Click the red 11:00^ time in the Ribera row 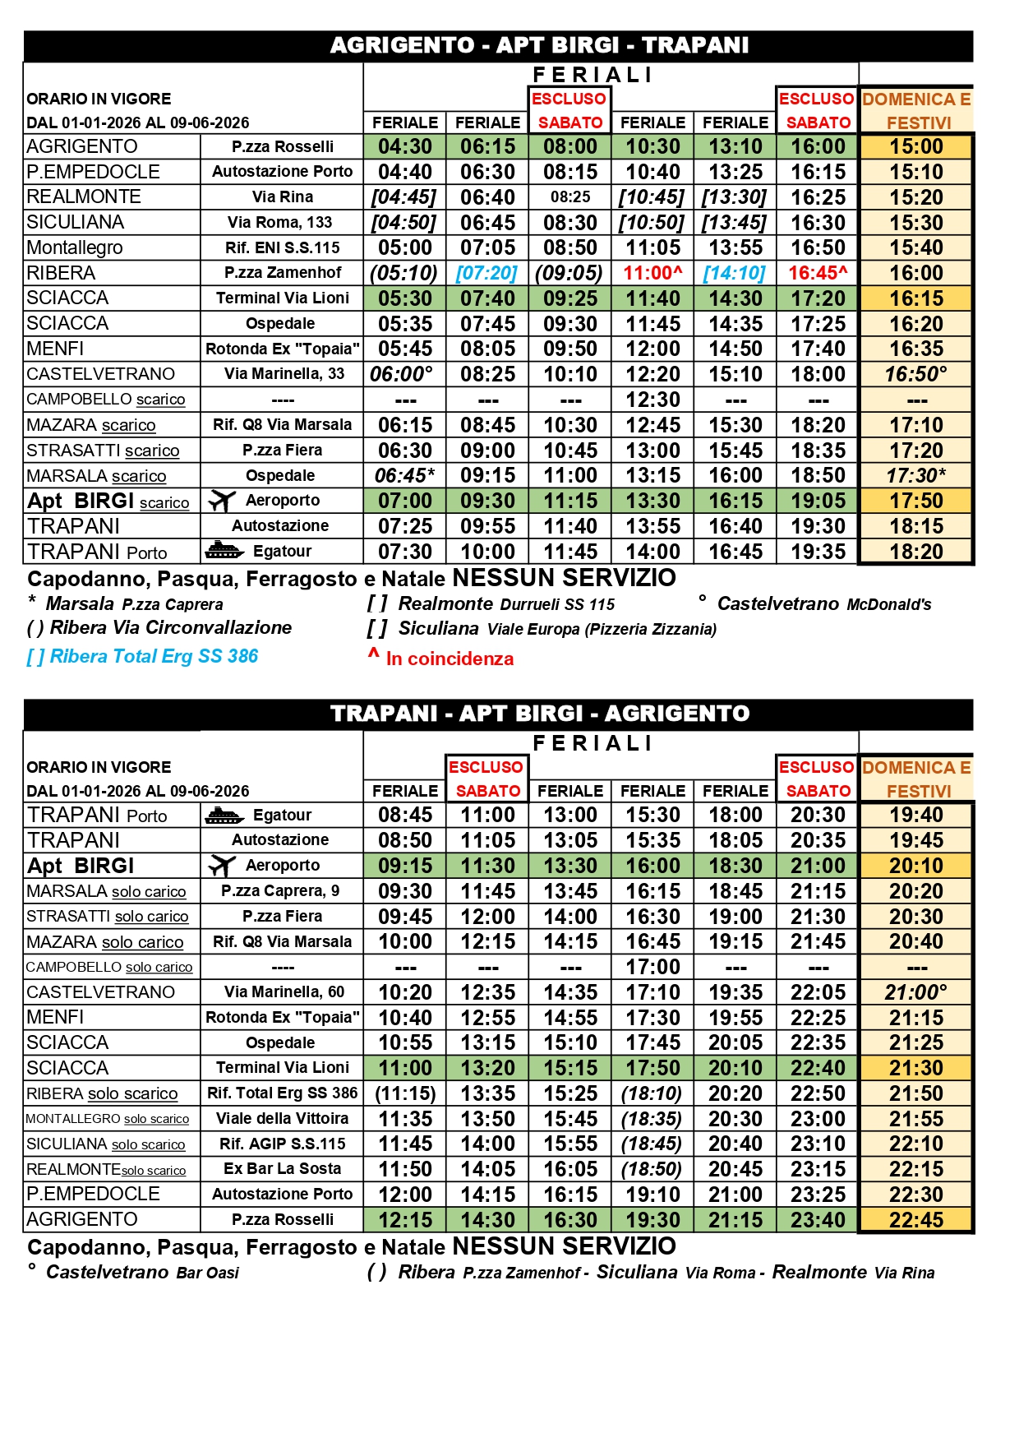point(652,273)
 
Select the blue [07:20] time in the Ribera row point(487,273)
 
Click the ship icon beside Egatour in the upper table point(224,551)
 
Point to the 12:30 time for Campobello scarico point(652,400)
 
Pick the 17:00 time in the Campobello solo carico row point(652,967)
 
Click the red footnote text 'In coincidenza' point(450,659)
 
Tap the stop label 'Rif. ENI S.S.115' point(282,247)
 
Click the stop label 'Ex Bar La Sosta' point(282,1168)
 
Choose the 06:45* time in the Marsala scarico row point(404,475)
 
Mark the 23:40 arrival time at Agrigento point(818,1220)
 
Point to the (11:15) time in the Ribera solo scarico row point(404,1093)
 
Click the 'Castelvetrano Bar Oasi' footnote point(142,1273)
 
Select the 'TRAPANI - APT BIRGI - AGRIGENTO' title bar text point(540,713)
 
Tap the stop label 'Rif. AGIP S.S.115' point(282,1144)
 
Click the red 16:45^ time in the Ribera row point(818,273)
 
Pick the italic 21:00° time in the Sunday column point(915,992)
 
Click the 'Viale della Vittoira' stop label point(282,1118)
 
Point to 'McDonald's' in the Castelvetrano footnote point(889,605)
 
